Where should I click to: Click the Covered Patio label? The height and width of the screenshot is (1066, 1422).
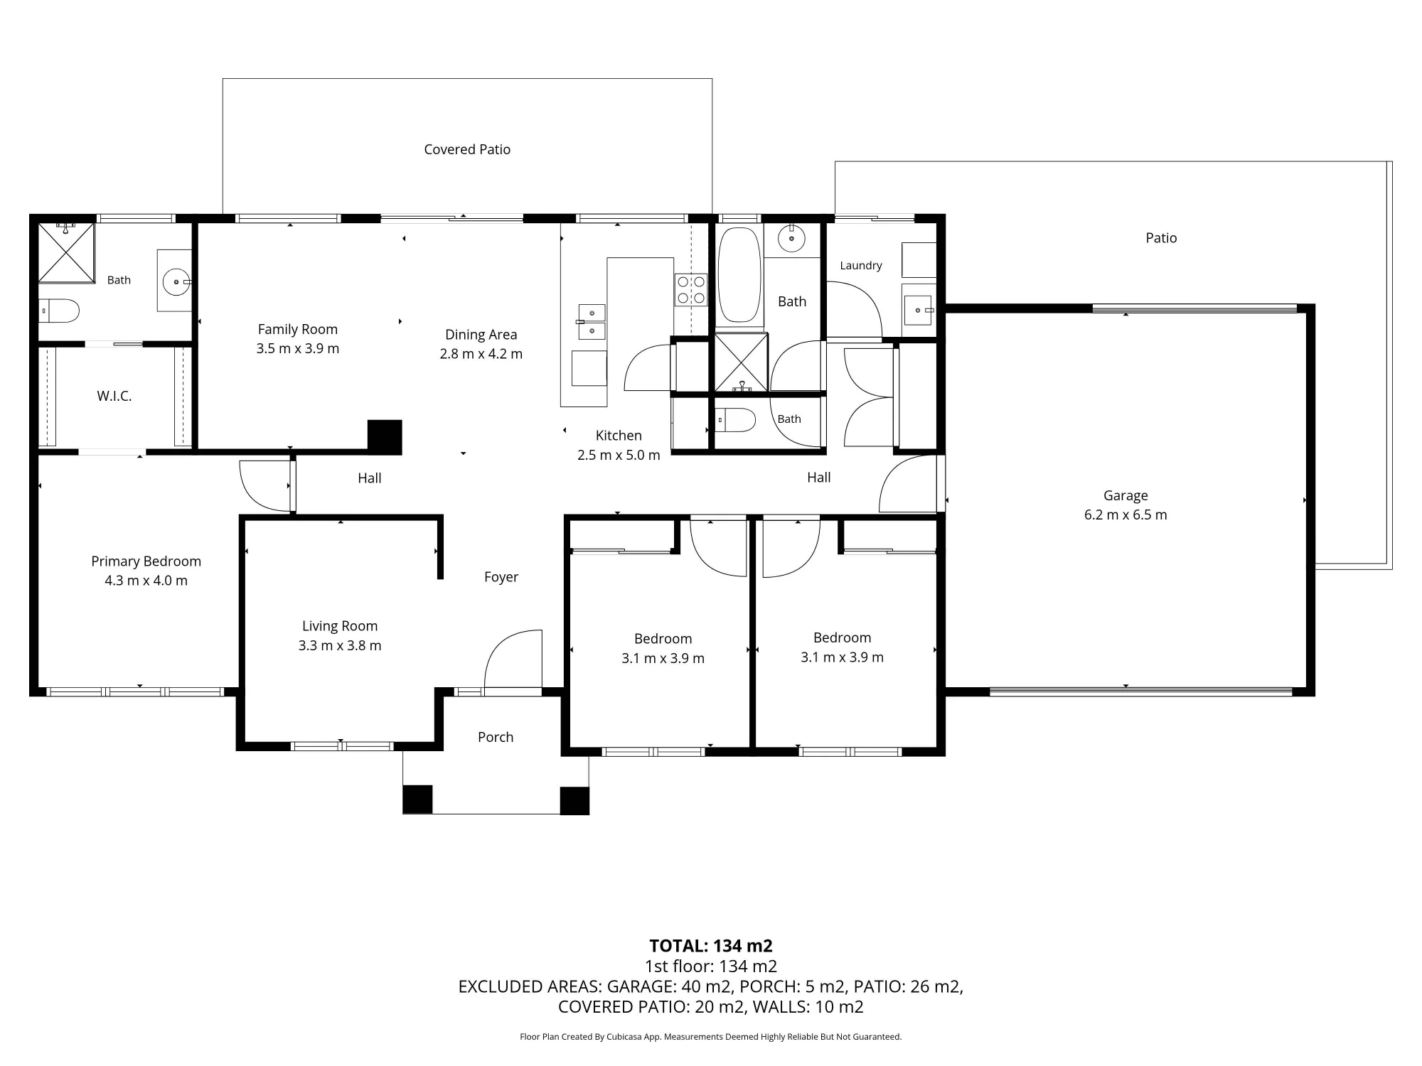pos(467,149)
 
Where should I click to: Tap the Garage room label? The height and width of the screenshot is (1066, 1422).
pos(1126,495)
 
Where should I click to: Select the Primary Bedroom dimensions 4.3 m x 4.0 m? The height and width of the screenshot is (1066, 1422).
pos(146,581)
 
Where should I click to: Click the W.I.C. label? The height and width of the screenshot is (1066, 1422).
pos(114,396)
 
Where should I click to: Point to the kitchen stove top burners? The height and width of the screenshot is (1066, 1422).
pos(691,290)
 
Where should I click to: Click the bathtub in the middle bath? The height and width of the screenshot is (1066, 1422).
pos(739,275)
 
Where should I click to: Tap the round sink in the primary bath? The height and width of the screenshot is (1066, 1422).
pos(176,282)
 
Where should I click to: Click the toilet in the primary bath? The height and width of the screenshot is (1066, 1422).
pos(59,311)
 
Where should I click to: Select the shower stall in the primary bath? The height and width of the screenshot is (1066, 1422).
pos(66,252)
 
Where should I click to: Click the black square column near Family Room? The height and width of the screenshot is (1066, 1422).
pos(385,437)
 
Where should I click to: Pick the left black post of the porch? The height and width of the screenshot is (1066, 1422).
pos(417,799)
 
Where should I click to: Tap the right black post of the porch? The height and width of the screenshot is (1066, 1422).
pos(574,800)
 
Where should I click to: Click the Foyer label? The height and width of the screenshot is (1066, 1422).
pos(501,577)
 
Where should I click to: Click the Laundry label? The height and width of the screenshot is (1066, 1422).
pos(861,265)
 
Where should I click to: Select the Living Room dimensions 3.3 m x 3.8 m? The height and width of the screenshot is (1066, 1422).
pos(340,646)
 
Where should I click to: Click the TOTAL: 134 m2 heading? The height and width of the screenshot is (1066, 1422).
pos(711,946)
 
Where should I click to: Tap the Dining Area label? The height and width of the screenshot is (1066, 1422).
pos(481,335)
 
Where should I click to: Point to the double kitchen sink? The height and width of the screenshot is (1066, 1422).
pos(592,322)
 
